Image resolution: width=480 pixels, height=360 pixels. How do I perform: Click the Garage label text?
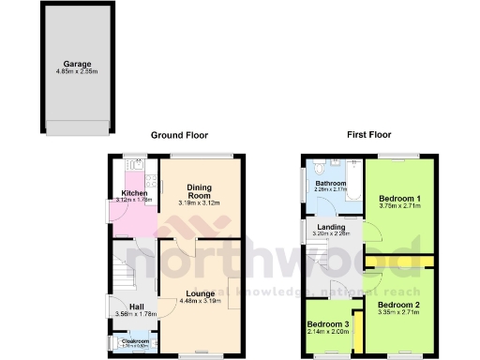point(64,64)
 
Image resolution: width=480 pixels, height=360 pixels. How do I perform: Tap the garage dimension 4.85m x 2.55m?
point(64,71)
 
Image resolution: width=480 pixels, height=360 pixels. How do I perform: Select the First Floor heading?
point(368,135)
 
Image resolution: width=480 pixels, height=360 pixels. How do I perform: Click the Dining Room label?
point(199,190)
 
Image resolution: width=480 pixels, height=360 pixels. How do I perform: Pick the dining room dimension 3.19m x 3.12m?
point(199,203)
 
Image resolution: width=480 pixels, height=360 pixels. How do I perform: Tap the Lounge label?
point(199,294)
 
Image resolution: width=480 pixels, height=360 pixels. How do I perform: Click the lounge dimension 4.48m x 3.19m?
point(199,302)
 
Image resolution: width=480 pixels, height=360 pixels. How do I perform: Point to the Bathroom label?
point(331,184)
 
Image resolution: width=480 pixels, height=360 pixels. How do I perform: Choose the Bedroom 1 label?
point(398,198)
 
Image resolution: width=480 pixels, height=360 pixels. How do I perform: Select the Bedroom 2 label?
point(398,305)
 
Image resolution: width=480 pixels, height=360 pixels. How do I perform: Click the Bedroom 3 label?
point(327,324)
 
